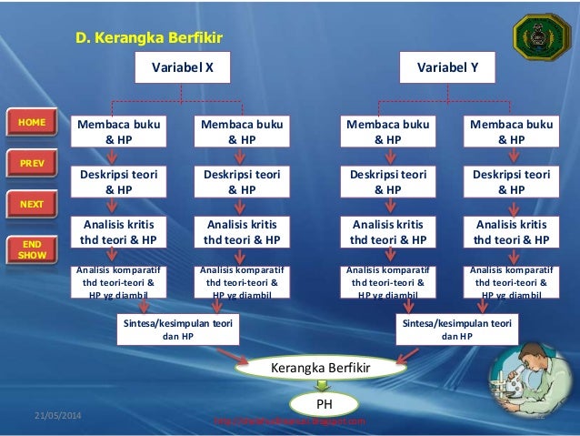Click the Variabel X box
coord(182,66)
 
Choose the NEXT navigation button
coord(31,203)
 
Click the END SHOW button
coord(31,248)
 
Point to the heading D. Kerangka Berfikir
coord(148,38)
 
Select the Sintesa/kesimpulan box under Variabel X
coord(177,329)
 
